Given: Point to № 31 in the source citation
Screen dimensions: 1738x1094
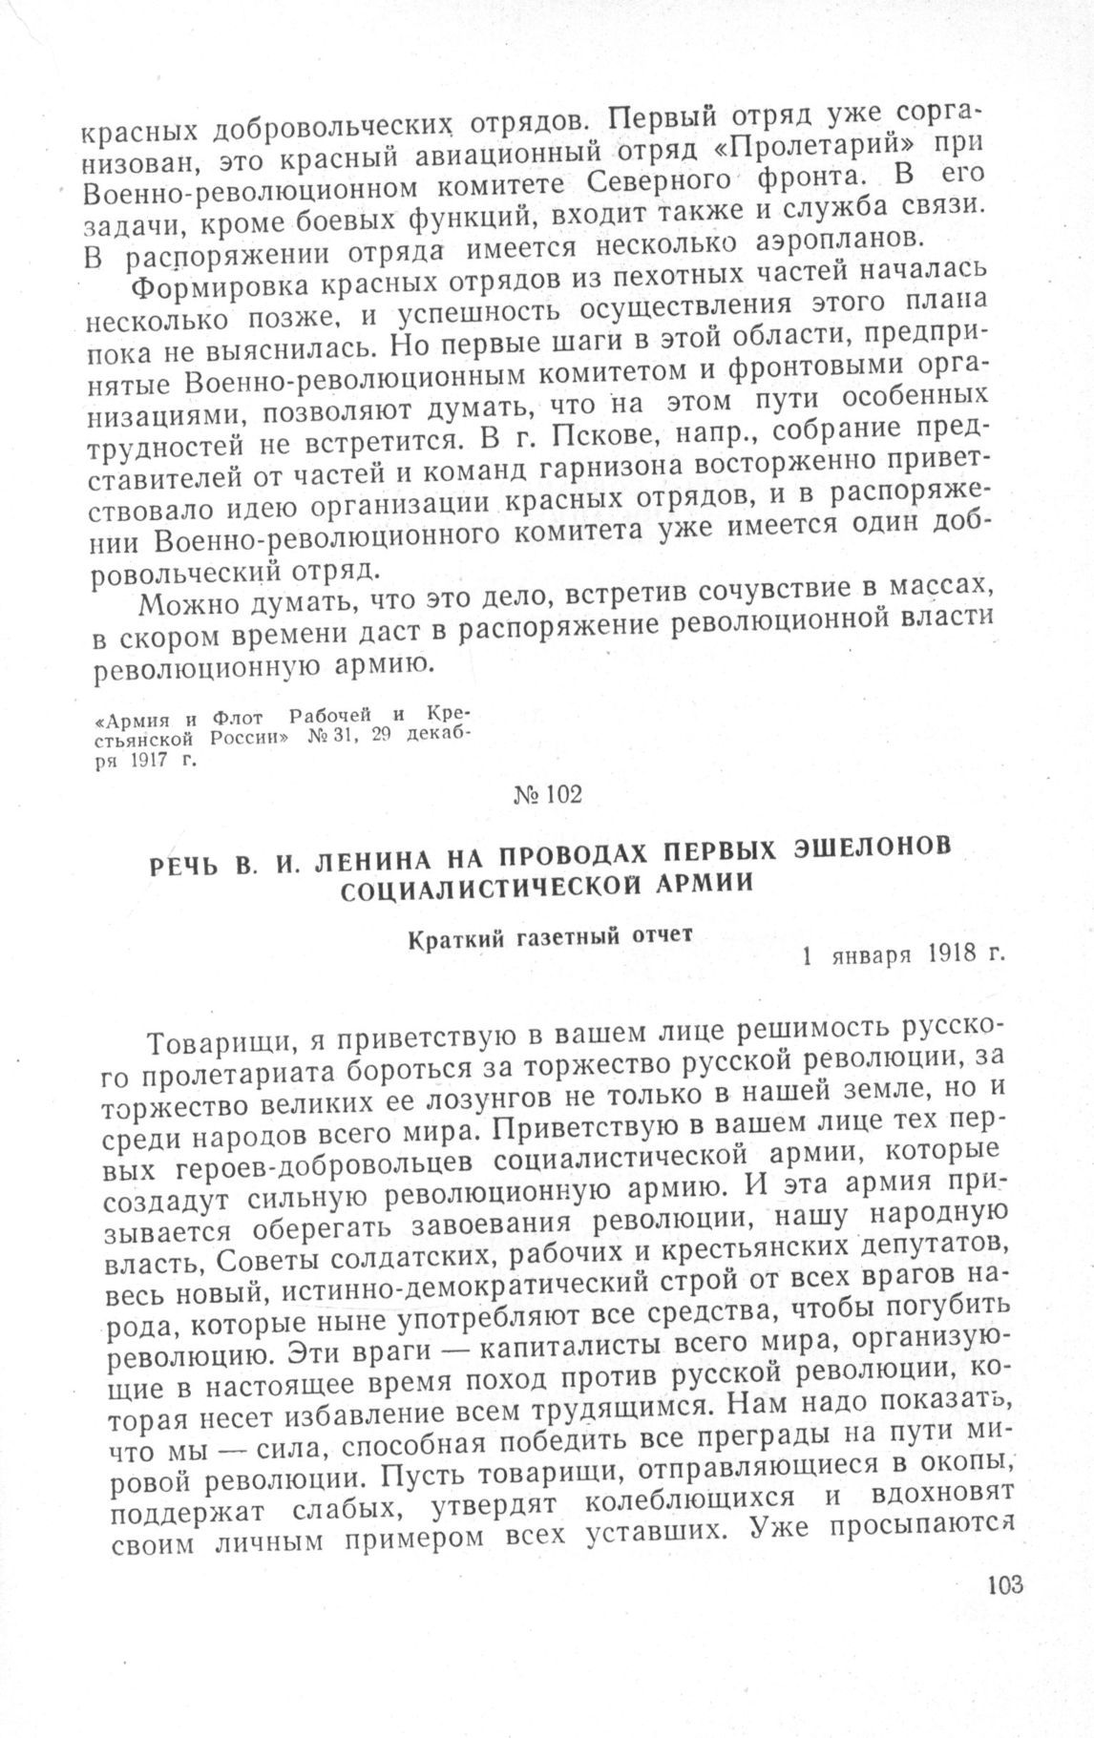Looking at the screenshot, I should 325,739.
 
